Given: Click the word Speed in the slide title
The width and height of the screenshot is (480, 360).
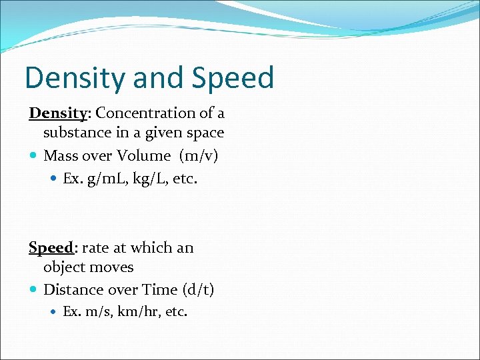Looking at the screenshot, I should tap(233, 78).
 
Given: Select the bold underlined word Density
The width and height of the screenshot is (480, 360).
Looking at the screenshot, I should tap(58, 113).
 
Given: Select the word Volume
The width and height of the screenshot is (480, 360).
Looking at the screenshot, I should tap(143, 156).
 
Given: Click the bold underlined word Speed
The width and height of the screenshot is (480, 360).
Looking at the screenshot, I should tap(51, 248).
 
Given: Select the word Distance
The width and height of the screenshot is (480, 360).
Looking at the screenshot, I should tap(72, 290).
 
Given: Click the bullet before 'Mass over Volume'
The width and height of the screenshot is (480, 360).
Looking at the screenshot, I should tap(33, 156).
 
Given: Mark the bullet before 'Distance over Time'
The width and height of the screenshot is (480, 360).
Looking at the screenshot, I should tap(33, 290).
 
